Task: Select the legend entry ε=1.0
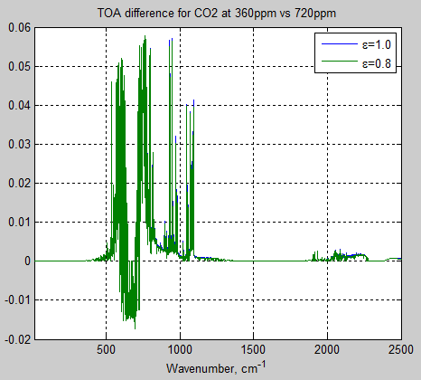click(378, 44)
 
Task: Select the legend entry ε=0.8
click(378, 62)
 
